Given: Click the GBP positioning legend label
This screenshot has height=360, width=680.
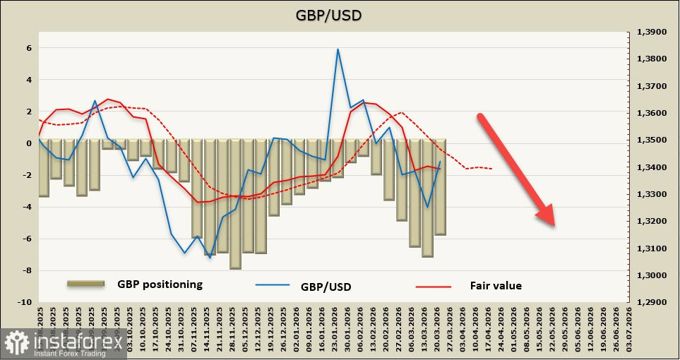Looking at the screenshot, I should pyautogui.click(x=160, y=284).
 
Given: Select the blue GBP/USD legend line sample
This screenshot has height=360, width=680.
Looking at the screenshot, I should pyautogui.click(x=273, y=286).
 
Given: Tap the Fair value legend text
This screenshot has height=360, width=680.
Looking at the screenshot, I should pyautogui.click(x=496, y=286).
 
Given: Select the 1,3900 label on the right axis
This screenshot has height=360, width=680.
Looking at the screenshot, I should pyautogui.click(x=652, y=32).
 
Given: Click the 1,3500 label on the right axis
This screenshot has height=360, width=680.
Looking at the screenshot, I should pyautogui.click(x=652, y=140).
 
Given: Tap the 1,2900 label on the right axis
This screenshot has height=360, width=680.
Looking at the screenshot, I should pyautogui.click(x=652, y=302).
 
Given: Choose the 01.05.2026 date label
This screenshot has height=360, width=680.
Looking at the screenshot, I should pyautogui.click(x=513, y=330).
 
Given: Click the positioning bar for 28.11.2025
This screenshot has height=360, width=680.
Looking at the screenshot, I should pyautogui.click(x=235, y=204).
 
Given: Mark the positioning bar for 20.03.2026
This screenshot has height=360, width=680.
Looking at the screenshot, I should pyautogui.click(x=440, y=187).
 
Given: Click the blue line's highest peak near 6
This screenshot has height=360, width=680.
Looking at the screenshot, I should pyautogui.click(x=338, y=49).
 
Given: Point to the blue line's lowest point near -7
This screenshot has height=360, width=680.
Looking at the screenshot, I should pyautogui.click(x=210, y=258).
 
